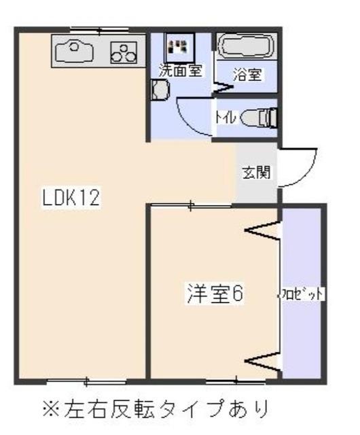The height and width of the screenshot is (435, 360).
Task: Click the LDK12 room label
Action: tap(71, 198)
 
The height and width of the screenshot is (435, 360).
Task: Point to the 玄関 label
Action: tap(255, 172)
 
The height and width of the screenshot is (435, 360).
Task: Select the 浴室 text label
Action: tap(247, 74)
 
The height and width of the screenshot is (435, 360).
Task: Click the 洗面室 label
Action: tap(180, 70)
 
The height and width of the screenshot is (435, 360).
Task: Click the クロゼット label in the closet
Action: tap(300, 294)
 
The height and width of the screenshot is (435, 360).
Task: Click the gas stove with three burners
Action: tap(122, 52)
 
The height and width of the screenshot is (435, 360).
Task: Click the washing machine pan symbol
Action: tap(179, 46)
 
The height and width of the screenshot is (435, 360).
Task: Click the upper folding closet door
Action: tap(264, 232)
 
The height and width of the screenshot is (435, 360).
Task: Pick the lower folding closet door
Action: tap(264, 361)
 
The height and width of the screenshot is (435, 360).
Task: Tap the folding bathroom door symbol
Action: tap(221, 87)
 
